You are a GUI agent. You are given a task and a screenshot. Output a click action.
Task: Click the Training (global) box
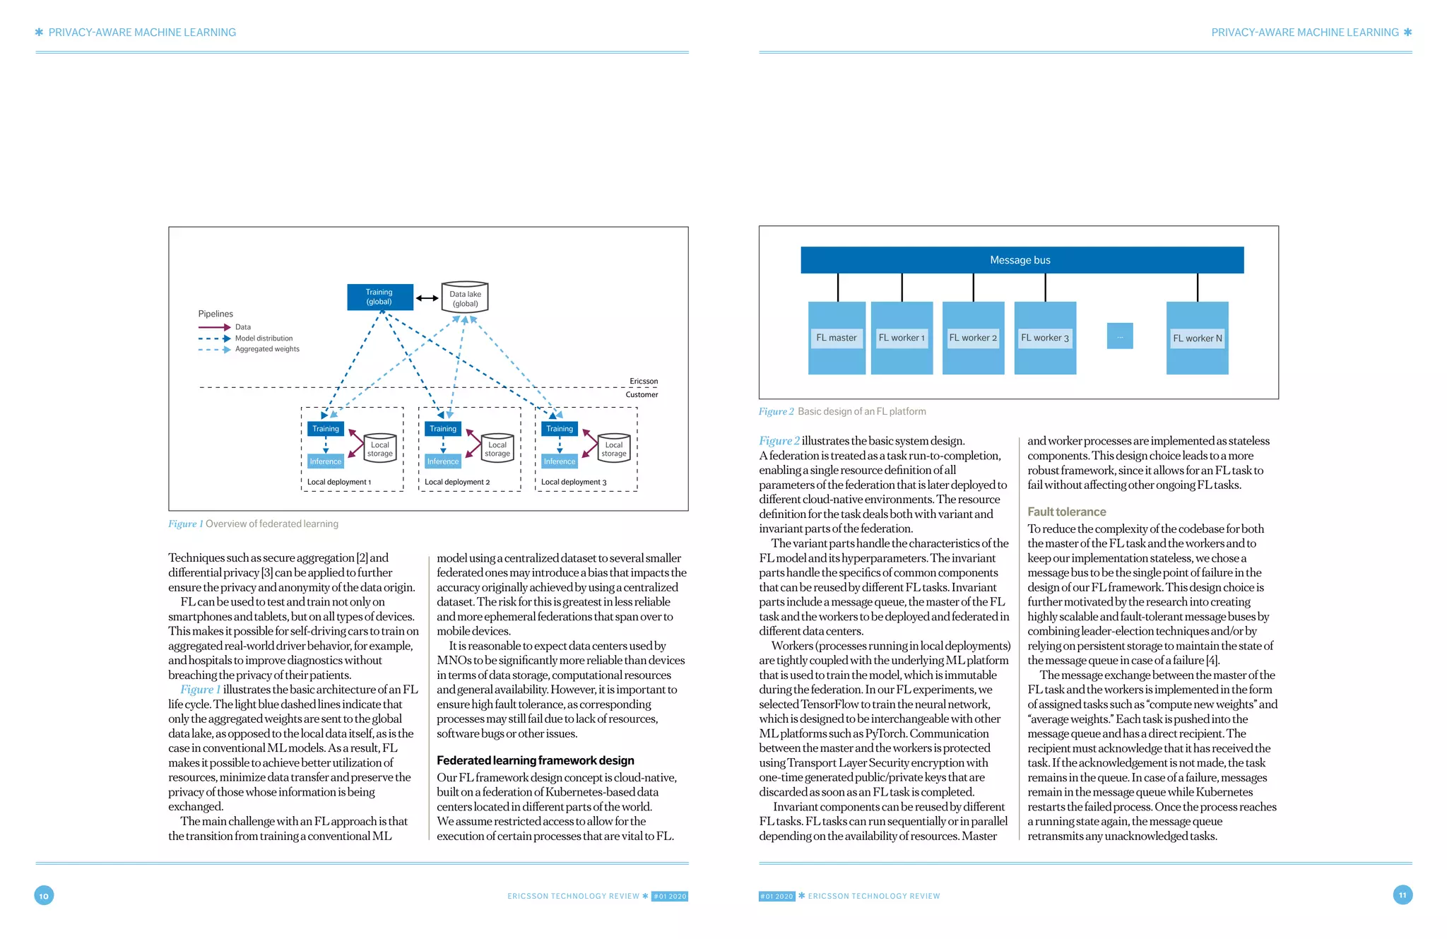(x=379, y=297)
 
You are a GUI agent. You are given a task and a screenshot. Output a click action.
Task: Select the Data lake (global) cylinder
(x=465, y=298)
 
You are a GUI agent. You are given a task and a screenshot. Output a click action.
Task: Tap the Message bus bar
(x=1022, y=260)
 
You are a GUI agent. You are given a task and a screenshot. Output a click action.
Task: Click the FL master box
(x=837, y=338)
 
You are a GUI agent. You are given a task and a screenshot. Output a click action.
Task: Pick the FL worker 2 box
(x=973, y=338)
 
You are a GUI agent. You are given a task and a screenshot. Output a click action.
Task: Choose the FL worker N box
(x=1197, y=338)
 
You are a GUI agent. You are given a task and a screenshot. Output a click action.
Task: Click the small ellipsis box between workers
(x=1120, y=336)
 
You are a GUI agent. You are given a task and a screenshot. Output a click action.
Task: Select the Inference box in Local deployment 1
(x=326, y=461)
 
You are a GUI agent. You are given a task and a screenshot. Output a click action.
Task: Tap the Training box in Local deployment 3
(x=560, y=429)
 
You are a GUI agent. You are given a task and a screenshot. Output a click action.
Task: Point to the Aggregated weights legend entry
(x=267, y=349)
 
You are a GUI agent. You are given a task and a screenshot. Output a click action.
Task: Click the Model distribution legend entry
(x=264, y=338)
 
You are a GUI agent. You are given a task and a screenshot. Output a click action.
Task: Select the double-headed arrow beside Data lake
(x=427, y=298)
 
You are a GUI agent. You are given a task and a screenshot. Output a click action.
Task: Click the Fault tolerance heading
(x=1066, y=512)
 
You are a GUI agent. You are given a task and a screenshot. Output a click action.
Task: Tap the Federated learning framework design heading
(x=535, y=760)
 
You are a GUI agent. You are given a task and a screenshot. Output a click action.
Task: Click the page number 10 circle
(x=44, y=896)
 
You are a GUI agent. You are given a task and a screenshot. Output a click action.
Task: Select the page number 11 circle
(x=1402, y=895)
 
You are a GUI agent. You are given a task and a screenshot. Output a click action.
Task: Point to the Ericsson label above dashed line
(x=643, y=381)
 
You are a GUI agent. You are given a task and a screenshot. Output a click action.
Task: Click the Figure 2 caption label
(x=776, y=411)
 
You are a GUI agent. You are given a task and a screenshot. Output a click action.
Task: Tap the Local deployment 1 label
(x=338, y=482)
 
